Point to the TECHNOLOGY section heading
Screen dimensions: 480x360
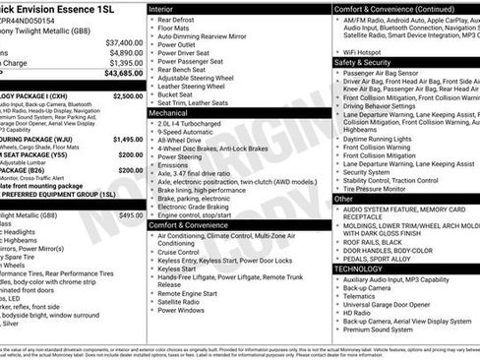(358, 269)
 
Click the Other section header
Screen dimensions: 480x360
(343, 199)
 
